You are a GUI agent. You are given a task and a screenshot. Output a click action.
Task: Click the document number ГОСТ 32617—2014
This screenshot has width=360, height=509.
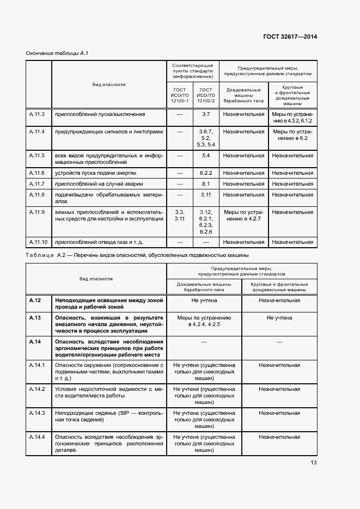[290, 37]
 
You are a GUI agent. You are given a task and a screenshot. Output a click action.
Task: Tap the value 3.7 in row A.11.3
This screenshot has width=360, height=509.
[206, 114]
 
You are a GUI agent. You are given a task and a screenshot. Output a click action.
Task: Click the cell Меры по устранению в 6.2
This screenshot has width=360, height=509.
[293, 135]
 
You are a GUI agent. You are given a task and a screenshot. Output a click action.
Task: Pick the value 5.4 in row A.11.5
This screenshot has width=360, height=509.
[206, 155]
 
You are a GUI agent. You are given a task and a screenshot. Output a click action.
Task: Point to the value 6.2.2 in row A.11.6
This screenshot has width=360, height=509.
[206, 173]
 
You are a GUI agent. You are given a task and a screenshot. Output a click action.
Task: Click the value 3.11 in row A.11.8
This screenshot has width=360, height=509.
[206, 194]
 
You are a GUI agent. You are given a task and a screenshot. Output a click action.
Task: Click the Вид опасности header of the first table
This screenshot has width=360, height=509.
[109, 84]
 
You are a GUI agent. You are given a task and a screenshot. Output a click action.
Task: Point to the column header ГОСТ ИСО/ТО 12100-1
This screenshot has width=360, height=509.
[179, 95]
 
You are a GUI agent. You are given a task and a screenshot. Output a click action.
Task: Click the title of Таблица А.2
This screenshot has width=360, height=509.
[137, 255]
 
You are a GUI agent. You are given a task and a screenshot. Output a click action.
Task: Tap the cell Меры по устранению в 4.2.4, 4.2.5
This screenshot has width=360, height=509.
[204, 321]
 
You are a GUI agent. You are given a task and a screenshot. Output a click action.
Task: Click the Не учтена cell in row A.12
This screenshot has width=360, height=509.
[204, 300]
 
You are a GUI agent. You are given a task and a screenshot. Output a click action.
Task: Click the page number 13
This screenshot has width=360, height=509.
[314, 463]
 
